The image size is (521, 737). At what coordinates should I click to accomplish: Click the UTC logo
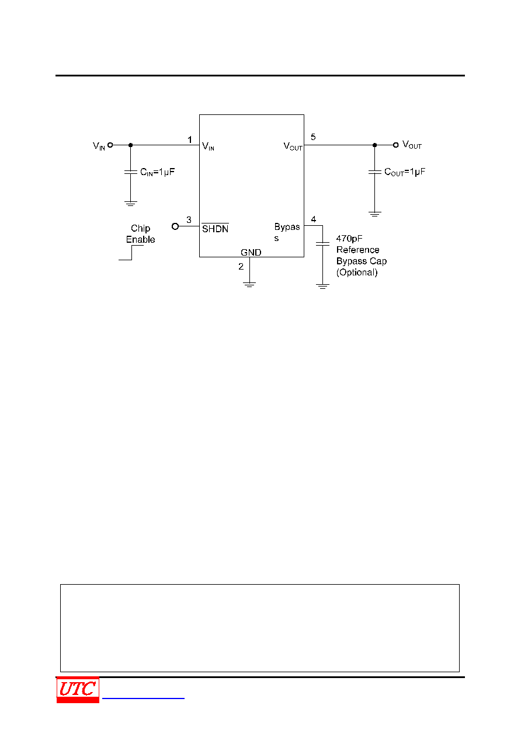tap(78, 689)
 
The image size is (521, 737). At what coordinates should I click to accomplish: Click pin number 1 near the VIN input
tap(190, 139)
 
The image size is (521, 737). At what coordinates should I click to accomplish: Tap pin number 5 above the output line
tap(313, 137)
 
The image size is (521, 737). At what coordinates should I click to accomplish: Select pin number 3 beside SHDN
tap(189, 219)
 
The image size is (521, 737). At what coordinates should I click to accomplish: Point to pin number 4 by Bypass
tap(314, 219)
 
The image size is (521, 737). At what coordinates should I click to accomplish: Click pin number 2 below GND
tap(241, 266)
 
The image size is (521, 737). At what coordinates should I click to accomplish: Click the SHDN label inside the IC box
tap(215, 229)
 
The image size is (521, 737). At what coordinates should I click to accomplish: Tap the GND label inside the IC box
tap(251, 252)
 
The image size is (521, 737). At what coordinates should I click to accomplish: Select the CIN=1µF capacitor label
tap(158, 172)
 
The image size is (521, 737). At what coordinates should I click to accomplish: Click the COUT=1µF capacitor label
tap(405, 172)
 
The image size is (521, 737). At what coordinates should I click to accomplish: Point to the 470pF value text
tap(349, 239)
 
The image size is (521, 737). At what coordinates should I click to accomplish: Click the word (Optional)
tap(357, 273)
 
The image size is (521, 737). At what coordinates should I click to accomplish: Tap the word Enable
tap(140, 239)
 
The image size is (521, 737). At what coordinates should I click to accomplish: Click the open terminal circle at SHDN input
tap(175, 226)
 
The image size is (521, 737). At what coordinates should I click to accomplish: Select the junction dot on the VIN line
tap(130, 145)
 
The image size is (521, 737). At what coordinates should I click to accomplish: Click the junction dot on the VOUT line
tap(374, 145)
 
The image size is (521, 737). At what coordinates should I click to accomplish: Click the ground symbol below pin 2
tap(249, 285)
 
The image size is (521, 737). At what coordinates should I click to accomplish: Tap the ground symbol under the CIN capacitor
tap(130, 203)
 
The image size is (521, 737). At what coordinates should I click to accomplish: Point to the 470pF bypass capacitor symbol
tap(322, 244)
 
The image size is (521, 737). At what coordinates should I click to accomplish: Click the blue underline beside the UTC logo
tap(143, 698)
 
